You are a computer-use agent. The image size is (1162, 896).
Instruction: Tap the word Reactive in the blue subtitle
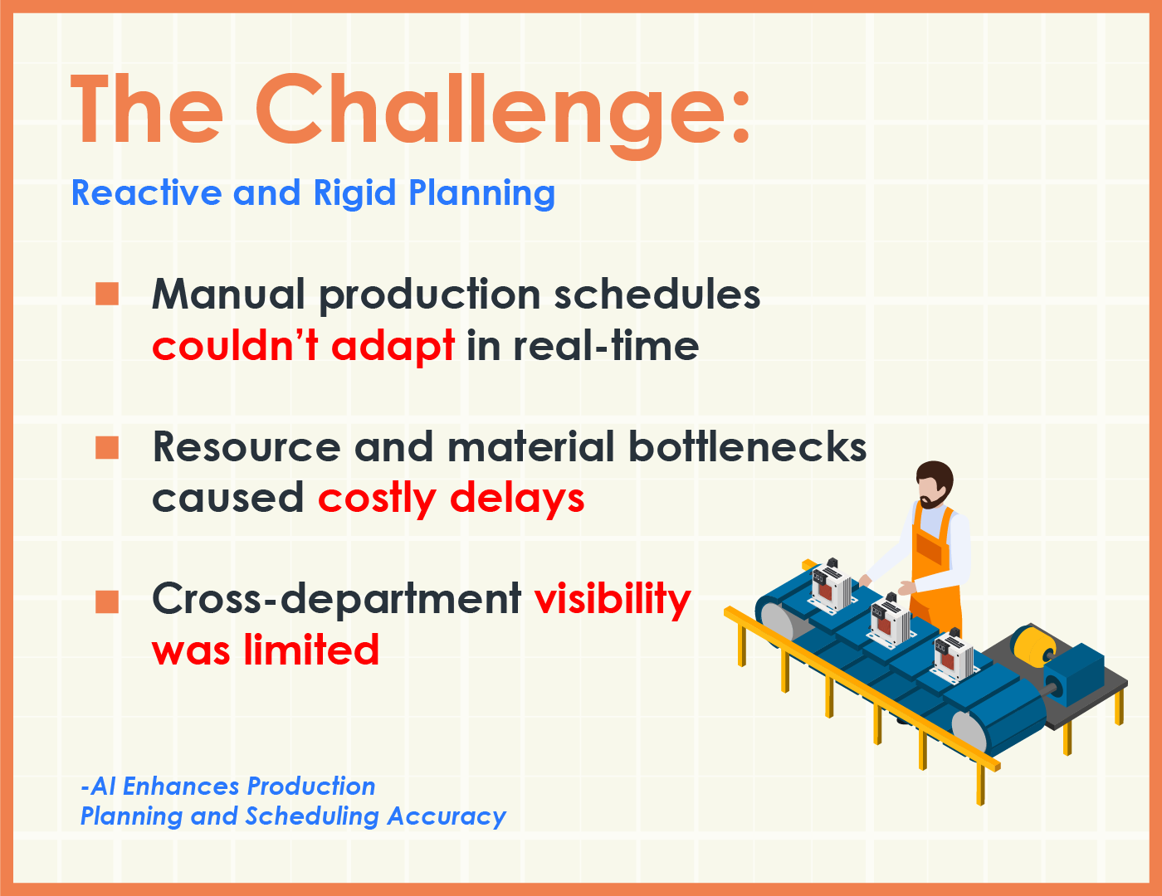pos(147,192)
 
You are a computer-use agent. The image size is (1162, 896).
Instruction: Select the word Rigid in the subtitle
pos(354,192)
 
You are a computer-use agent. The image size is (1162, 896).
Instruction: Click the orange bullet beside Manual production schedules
pos(107,294)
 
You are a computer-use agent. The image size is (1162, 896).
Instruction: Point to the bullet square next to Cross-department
pos(107,601)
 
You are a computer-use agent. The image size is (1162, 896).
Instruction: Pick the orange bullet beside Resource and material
pos(107,448)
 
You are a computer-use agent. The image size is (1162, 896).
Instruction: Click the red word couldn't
pos(235,345)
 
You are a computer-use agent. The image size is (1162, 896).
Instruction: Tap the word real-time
pos(606,345)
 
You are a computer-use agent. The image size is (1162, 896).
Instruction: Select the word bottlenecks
pos(747,446)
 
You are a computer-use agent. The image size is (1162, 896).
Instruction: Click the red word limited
pos(311,649)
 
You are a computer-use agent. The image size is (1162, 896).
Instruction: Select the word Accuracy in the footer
pos(447,817)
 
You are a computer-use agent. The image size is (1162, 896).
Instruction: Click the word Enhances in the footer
pos(181,786)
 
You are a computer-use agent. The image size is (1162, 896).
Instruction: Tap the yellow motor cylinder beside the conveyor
pos(1032,646)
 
